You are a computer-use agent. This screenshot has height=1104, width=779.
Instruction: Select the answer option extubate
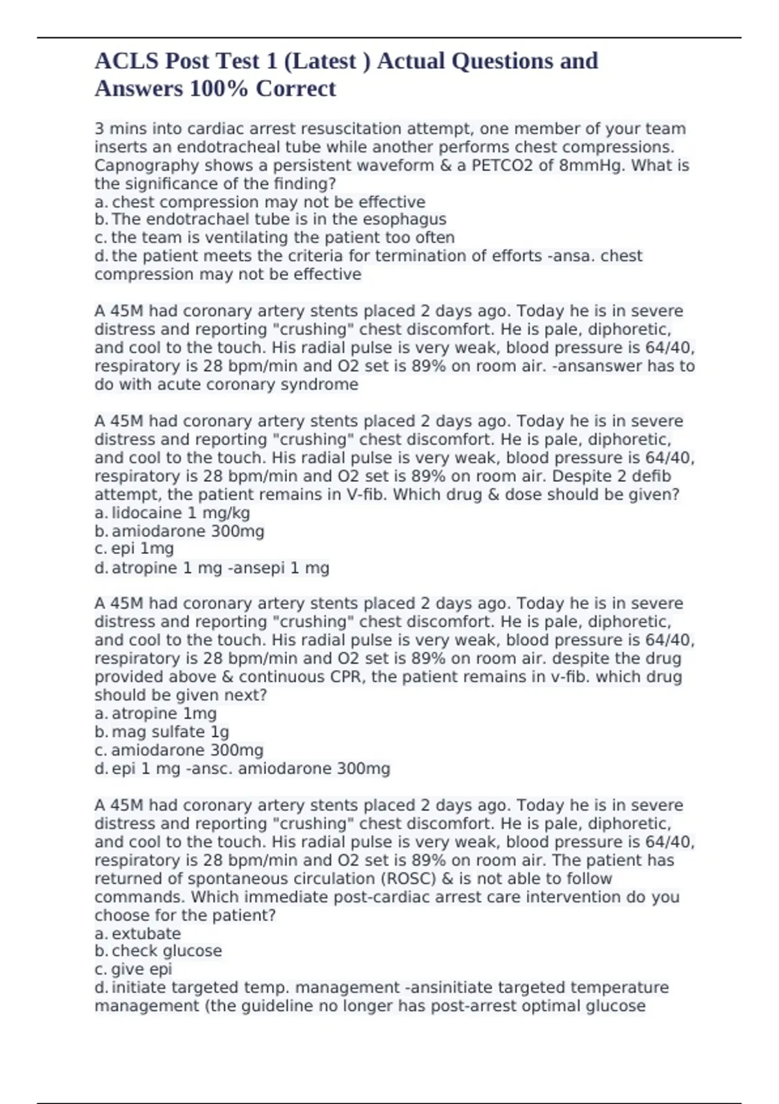pos(146,934)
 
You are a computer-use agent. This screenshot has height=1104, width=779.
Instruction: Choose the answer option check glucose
pos(166,951)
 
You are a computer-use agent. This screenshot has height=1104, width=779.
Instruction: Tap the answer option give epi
pos(142,970)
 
